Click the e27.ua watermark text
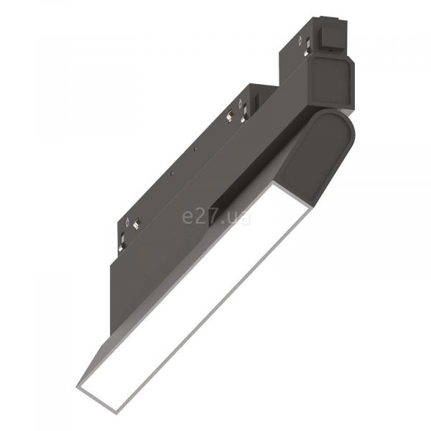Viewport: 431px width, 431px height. [x=216, y=217]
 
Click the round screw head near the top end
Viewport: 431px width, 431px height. [x=300, y=41]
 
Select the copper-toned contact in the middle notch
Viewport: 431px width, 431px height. [x=229, y=116]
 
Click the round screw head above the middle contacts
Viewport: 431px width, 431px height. [x=240, y=103]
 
